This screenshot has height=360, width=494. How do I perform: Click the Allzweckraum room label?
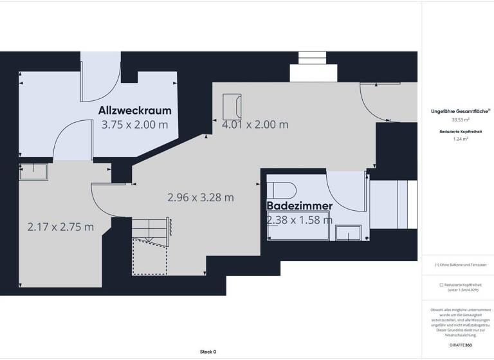[x=134, y=110]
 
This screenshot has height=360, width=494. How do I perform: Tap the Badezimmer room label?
[x=300, y=206]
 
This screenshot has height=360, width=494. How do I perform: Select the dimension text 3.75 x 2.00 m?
[x=134, y=125]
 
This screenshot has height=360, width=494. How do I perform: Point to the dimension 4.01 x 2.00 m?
[x=255, y=125]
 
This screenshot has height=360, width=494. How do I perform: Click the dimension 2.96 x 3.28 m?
[x=200, y=197]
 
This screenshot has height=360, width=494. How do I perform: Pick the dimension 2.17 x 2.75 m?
[x=60, y=227]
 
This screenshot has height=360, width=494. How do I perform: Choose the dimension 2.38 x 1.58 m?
[x=300, y=220]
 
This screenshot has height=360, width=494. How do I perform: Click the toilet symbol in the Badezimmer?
[x=280, y=190]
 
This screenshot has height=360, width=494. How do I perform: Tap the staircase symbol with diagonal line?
[x=151, y=229]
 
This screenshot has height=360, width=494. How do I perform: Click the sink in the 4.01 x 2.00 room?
[x=232, y=105]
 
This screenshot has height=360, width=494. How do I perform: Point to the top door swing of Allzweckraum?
[x=100, y=82]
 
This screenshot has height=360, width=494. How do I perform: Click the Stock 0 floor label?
[x=208, y=352]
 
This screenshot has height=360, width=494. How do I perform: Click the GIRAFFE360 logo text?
[x=460, y=345]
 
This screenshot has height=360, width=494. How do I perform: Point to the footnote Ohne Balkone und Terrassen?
[x=460, y=265]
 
